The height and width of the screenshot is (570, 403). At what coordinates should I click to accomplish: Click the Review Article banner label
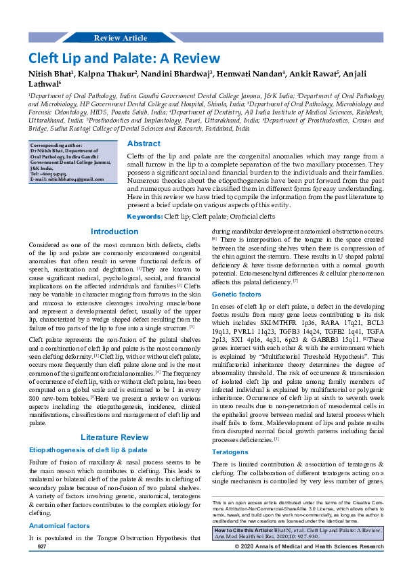[120, 38]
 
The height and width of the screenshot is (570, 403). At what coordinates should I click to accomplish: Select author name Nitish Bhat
[51, 73]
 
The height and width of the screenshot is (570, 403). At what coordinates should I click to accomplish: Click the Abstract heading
[144, 144]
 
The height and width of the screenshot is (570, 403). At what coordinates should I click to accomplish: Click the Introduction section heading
[114, 232]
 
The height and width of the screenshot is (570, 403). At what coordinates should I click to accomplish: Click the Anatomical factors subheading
[60, 525]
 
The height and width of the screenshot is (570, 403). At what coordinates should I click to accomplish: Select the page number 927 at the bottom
[41, 546]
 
